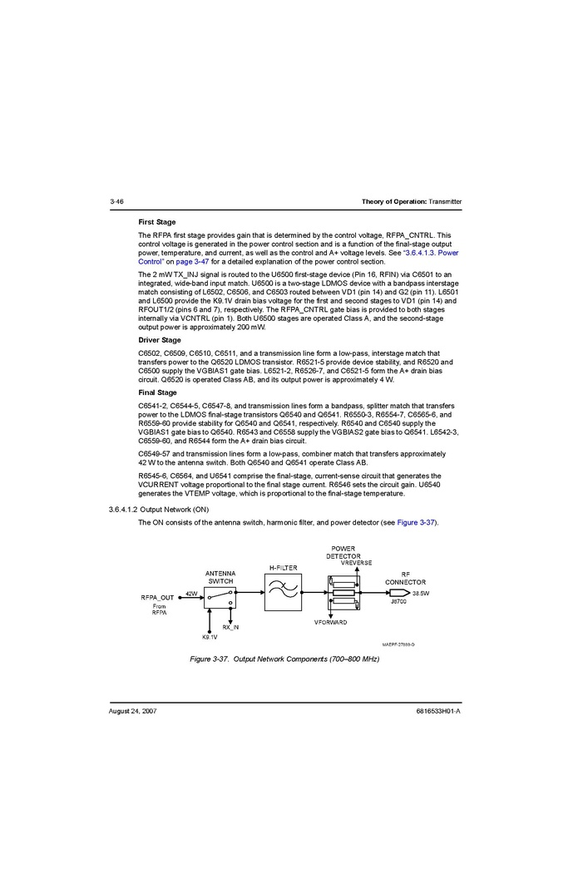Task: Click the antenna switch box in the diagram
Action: tap(220, 597)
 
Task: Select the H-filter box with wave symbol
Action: tap(283, 592)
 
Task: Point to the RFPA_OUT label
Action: tap(158, 598)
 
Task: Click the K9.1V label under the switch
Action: tap(210, 637)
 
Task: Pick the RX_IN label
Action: tap(230, 627)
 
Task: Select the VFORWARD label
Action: tap(331, 623)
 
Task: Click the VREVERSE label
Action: tap(357, 563)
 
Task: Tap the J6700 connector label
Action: tap(398, 601)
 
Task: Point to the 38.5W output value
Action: tap(421, 593)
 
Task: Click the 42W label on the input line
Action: tap(191, 593)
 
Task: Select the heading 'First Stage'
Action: tap(157, 222)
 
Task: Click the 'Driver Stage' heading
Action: tap(160, 340)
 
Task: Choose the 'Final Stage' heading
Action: tap(157, 392)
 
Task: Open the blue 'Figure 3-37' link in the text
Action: tap(416, 522)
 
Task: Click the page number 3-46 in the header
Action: tap(116, 202)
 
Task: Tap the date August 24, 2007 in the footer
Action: tap(133, 712)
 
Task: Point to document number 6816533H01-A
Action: tap(438, 712)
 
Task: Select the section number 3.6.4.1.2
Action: tap(123, 509)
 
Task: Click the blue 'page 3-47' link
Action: tap(193, 261)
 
